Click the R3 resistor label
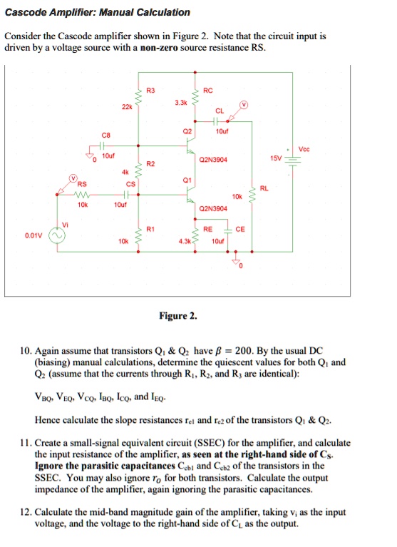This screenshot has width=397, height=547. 150,91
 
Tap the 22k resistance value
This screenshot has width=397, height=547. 127,106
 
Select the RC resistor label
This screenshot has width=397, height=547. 207,91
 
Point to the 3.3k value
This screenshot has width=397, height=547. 182,103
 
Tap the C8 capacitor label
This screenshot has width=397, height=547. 106,133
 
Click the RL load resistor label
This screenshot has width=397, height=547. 264,188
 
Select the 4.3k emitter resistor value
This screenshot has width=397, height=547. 182,242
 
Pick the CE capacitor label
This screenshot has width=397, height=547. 239,230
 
